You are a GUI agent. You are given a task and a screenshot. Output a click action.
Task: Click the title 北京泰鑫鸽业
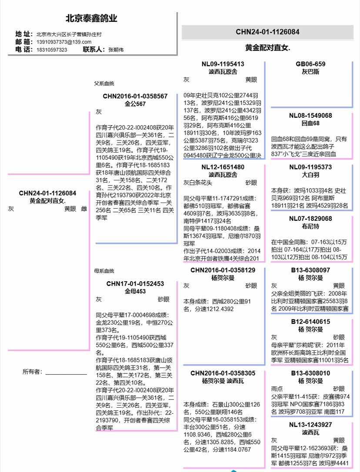91,19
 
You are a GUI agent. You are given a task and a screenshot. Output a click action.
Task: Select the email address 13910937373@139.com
64,42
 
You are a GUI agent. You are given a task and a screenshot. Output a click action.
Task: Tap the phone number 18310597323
52,50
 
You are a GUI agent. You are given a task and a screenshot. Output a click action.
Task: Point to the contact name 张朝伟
116,50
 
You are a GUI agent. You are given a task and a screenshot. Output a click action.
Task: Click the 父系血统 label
104,83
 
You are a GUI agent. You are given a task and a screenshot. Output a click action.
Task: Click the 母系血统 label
104,271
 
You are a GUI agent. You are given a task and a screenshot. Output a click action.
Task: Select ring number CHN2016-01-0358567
135,96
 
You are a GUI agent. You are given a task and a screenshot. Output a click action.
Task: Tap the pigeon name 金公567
135,104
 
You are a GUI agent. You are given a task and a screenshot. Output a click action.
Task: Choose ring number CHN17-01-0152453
135,284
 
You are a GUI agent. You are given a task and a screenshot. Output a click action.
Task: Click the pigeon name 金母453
135,291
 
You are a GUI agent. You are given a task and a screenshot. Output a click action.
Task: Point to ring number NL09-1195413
223,64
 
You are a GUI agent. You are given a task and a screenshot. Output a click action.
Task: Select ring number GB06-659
310,64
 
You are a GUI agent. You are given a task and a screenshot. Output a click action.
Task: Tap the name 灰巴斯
310,72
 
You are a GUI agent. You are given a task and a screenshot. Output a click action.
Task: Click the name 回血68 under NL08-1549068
310,123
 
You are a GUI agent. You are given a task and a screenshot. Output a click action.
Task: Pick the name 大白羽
310,175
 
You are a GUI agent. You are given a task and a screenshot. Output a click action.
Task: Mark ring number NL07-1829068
310,218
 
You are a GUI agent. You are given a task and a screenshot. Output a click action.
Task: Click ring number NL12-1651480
223,167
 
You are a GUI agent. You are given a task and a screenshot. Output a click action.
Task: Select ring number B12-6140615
310,322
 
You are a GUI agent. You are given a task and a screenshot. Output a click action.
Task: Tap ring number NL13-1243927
310,425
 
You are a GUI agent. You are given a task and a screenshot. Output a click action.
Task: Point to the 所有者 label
33,372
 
